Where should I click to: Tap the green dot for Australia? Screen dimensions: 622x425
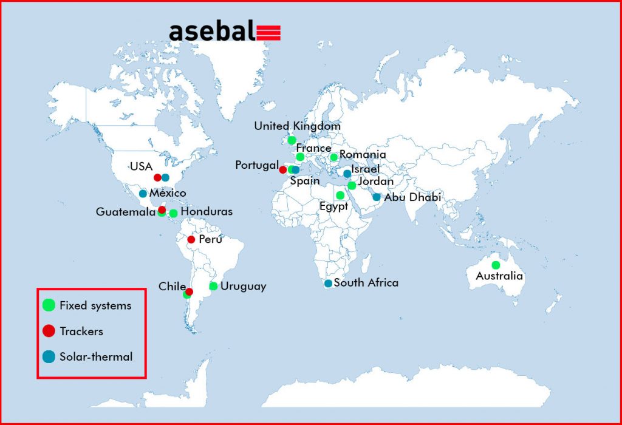click(496, 265)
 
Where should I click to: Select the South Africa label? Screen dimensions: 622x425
click(366, 283)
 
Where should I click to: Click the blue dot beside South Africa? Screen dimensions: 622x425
click(328, 284)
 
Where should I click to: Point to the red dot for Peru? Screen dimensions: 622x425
click(191, 239)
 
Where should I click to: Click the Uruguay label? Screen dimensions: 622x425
click(243, 286)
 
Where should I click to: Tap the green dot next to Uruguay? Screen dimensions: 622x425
click(213, 286)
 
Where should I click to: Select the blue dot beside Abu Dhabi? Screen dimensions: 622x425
click(377, 197)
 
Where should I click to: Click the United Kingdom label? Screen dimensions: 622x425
click(298, 126)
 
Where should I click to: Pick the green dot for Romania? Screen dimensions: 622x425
click(334, 157)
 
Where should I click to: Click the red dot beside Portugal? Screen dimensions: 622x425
click(283, 169)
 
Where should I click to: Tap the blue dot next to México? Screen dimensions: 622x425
click(143, 194)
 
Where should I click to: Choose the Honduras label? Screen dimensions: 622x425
click(207, 211)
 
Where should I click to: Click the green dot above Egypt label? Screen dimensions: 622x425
click(340, 195)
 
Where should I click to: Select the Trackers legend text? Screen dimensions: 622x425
click(81, 331)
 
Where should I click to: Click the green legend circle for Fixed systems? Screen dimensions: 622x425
click(49, 305)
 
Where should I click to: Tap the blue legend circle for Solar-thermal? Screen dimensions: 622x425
click(49, 356)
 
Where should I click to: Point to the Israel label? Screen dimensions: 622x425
click(365, 169)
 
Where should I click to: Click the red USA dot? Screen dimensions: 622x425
click(157, 178)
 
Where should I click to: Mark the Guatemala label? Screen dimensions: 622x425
click(126, 212)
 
